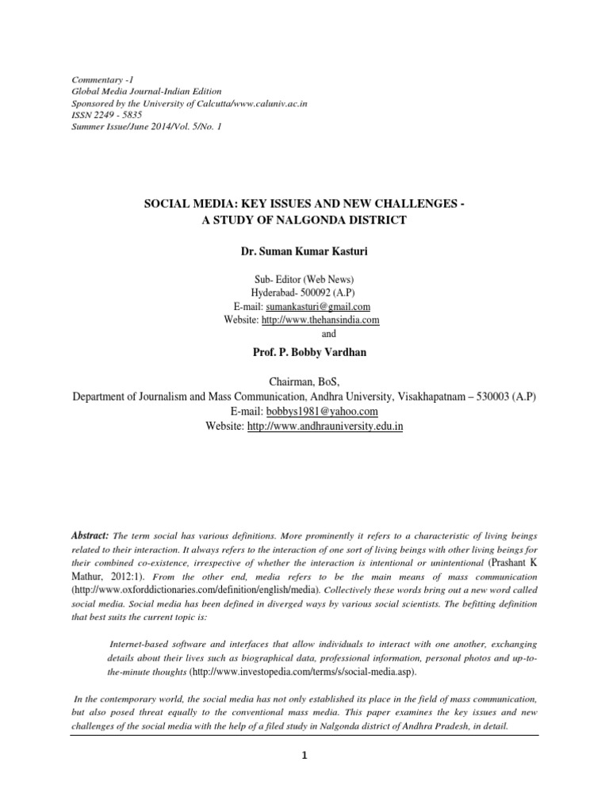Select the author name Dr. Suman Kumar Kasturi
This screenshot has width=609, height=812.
click(x=304, y=251)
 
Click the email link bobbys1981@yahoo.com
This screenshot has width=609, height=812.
click(x=333, y=412)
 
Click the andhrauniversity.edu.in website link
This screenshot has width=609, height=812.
click(x=326, y=426)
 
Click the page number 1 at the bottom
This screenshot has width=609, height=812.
click(x=304, y=755)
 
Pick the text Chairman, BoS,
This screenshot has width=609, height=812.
click(x=304, y=383)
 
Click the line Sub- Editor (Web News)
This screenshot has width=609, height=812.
click(x=304, y=278)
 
